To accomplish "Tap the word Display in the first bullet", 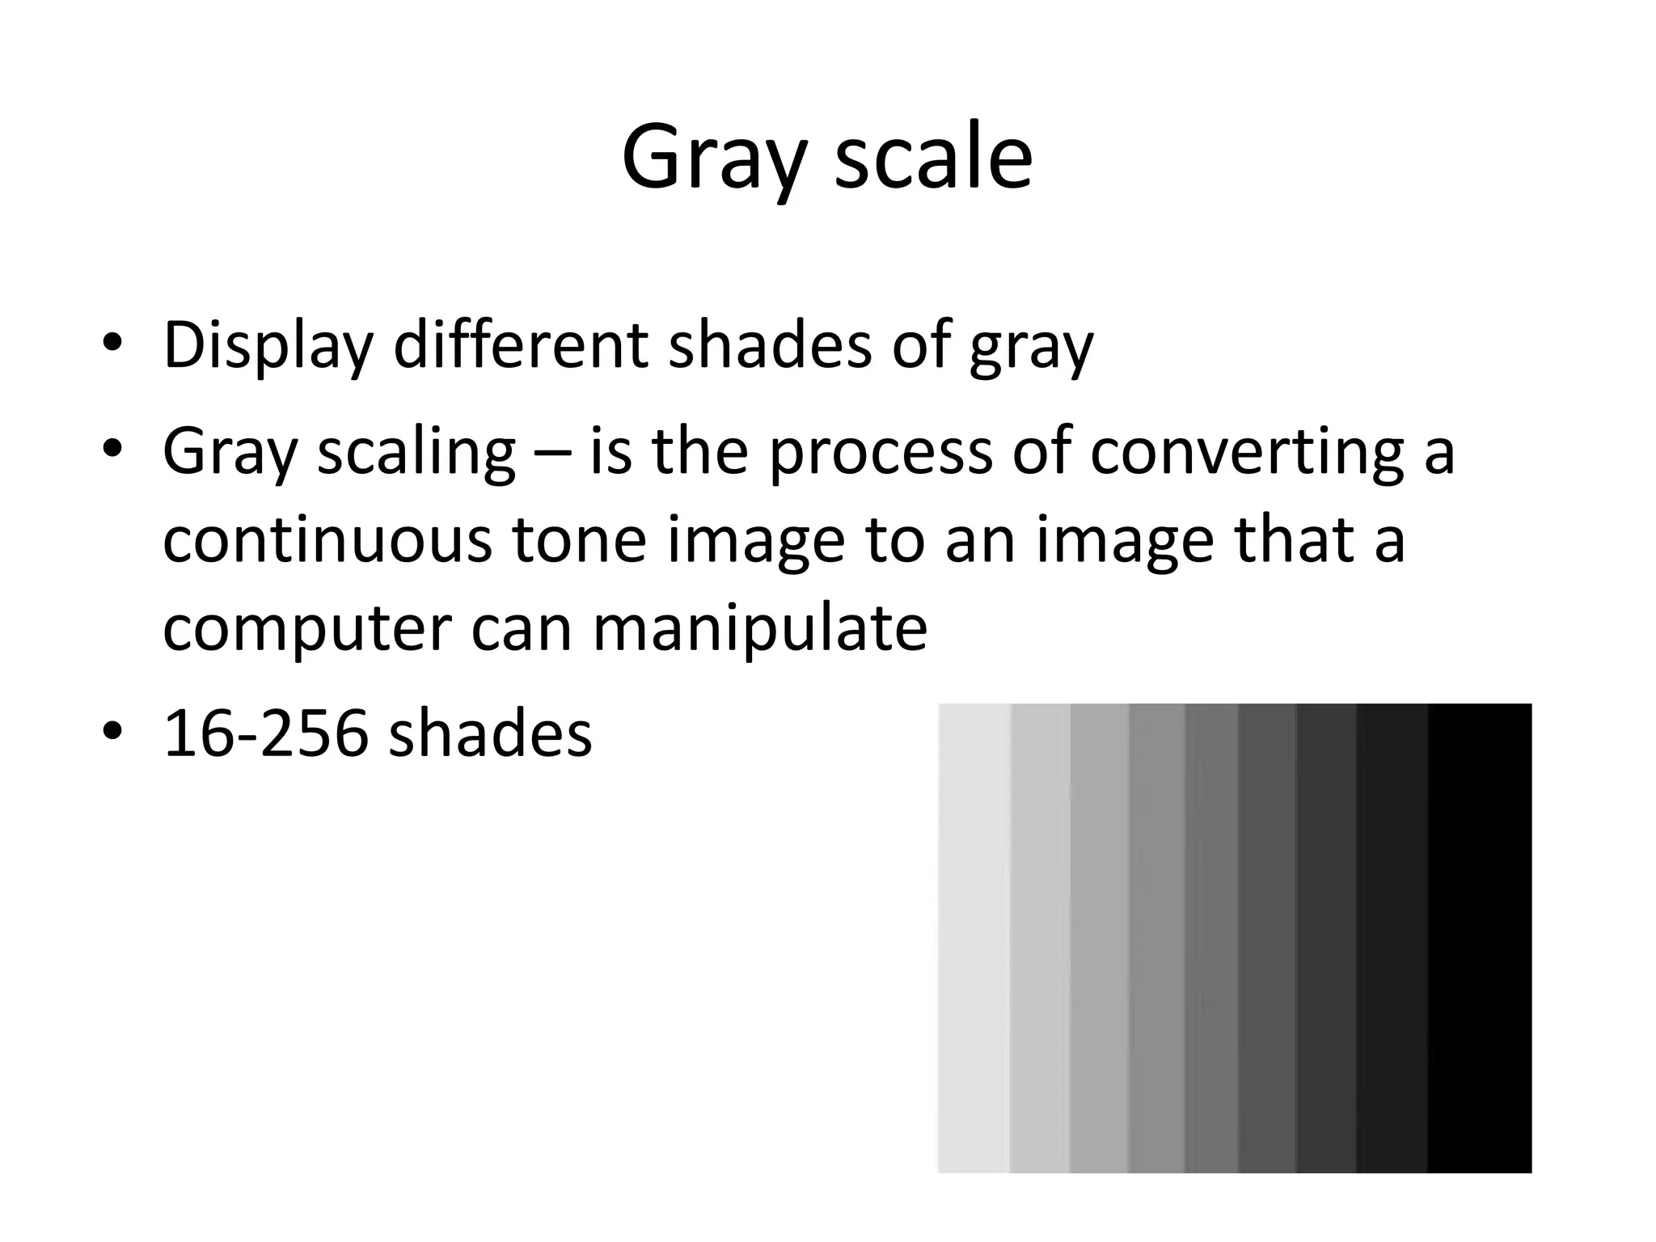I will coord(268,345).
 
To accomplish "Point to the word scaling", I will coord(416,453).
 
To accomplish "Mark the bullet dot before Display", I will coord(112,344).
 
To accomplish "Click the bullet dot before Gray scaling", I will coord(112,449).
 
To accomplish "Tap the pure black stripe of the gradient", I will coord(1480,938).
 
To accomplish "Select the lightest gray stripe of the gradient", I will coord(974,938).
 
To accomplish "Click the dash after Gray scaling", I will coord(552,453).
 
